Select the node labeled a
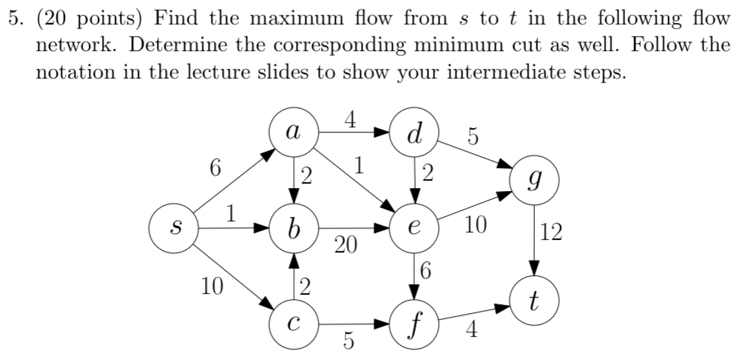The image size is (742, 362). point(294,133)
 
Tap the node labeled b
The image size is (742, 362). point(294,229)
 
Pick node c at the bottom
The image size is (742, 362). point(294,324)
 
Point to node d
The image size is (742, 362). point(415,133)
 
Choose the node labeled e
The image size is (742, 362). point(415,229)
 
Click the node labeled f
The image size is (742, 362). point(415,324)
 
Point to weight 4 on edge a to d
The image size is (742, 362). point(350,118)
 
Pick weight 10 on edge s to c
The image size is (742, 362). point(212,285)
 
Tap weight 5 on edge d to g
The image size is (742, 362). point(473,137)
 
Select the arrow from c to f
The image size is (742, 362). point(355,324)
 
